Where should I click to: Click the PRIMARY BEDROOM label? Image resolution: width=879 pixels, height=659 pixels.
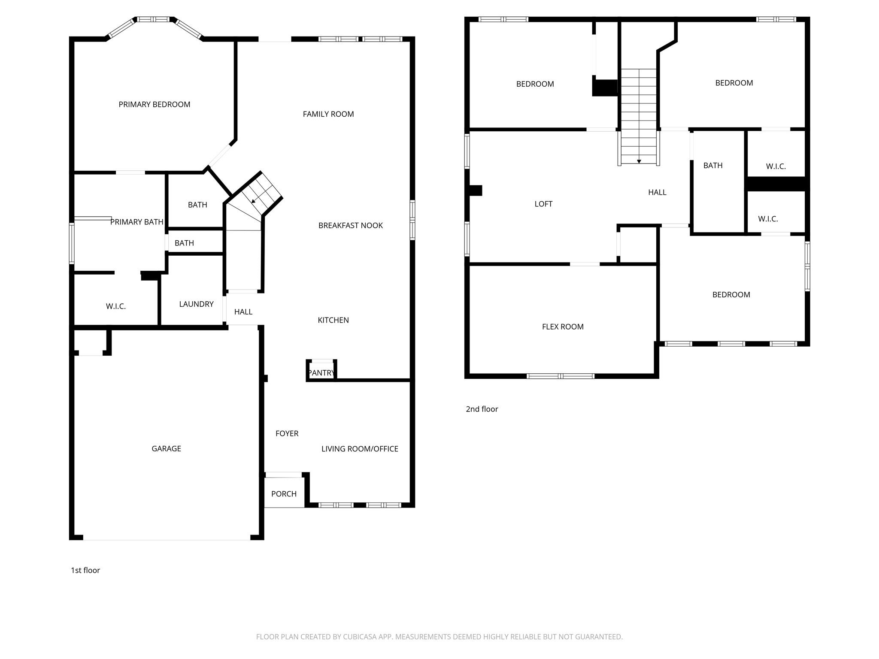pos(154,104)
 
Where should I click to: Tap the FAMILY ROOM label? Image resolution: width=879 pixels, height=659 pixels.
pos(328,114)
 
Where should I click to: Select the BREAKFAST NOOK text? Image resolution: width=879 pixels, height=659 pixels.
pos(350,226)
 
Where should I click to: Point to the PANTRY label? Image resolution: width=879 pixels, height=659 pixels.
pos(321,373)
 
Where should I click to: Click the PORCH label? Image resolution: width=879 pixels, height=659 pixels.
pos(284,494)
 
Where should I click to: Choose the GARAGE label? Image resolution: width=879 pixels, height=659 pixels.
pos(166,449)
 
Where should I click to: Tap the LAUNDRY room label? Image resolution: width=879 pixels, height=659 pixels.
pos(196,304)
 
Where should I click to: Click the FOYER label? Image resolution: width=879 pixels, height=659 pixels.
pos(287,434)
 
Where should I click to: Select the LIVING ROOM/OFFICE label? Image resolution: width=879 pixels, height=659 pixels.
pos(360,449)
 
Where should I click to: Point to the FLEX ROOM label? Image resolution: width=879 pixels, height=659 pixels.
pos(563,327)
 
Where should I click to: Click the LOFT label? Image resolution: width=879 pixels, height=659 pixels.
pos(543,204)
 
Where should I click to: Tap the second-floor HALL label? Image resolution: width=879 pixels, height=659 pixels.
pos(657,193)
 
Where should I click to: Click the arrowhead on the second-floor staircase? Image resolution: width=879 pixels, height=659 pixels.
pos(639,161)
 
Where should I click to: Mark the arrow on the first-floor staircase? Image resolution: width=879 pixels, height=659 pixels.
pos(254,200)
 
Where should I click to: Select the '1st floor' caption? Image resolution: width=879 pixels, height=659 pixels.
pos(85,570)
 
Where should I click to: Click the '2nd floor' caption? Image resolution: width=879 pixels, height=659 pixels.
pos(482,409)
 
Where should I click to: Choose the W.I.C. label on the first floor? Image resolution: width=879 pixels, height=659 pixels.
pos(116,306)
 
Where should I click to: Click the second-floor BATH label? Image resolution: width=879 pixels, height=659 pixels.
pos(713,166)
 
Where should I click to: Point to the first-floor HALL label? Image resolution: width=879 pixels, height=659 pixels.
pos(243,312)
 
